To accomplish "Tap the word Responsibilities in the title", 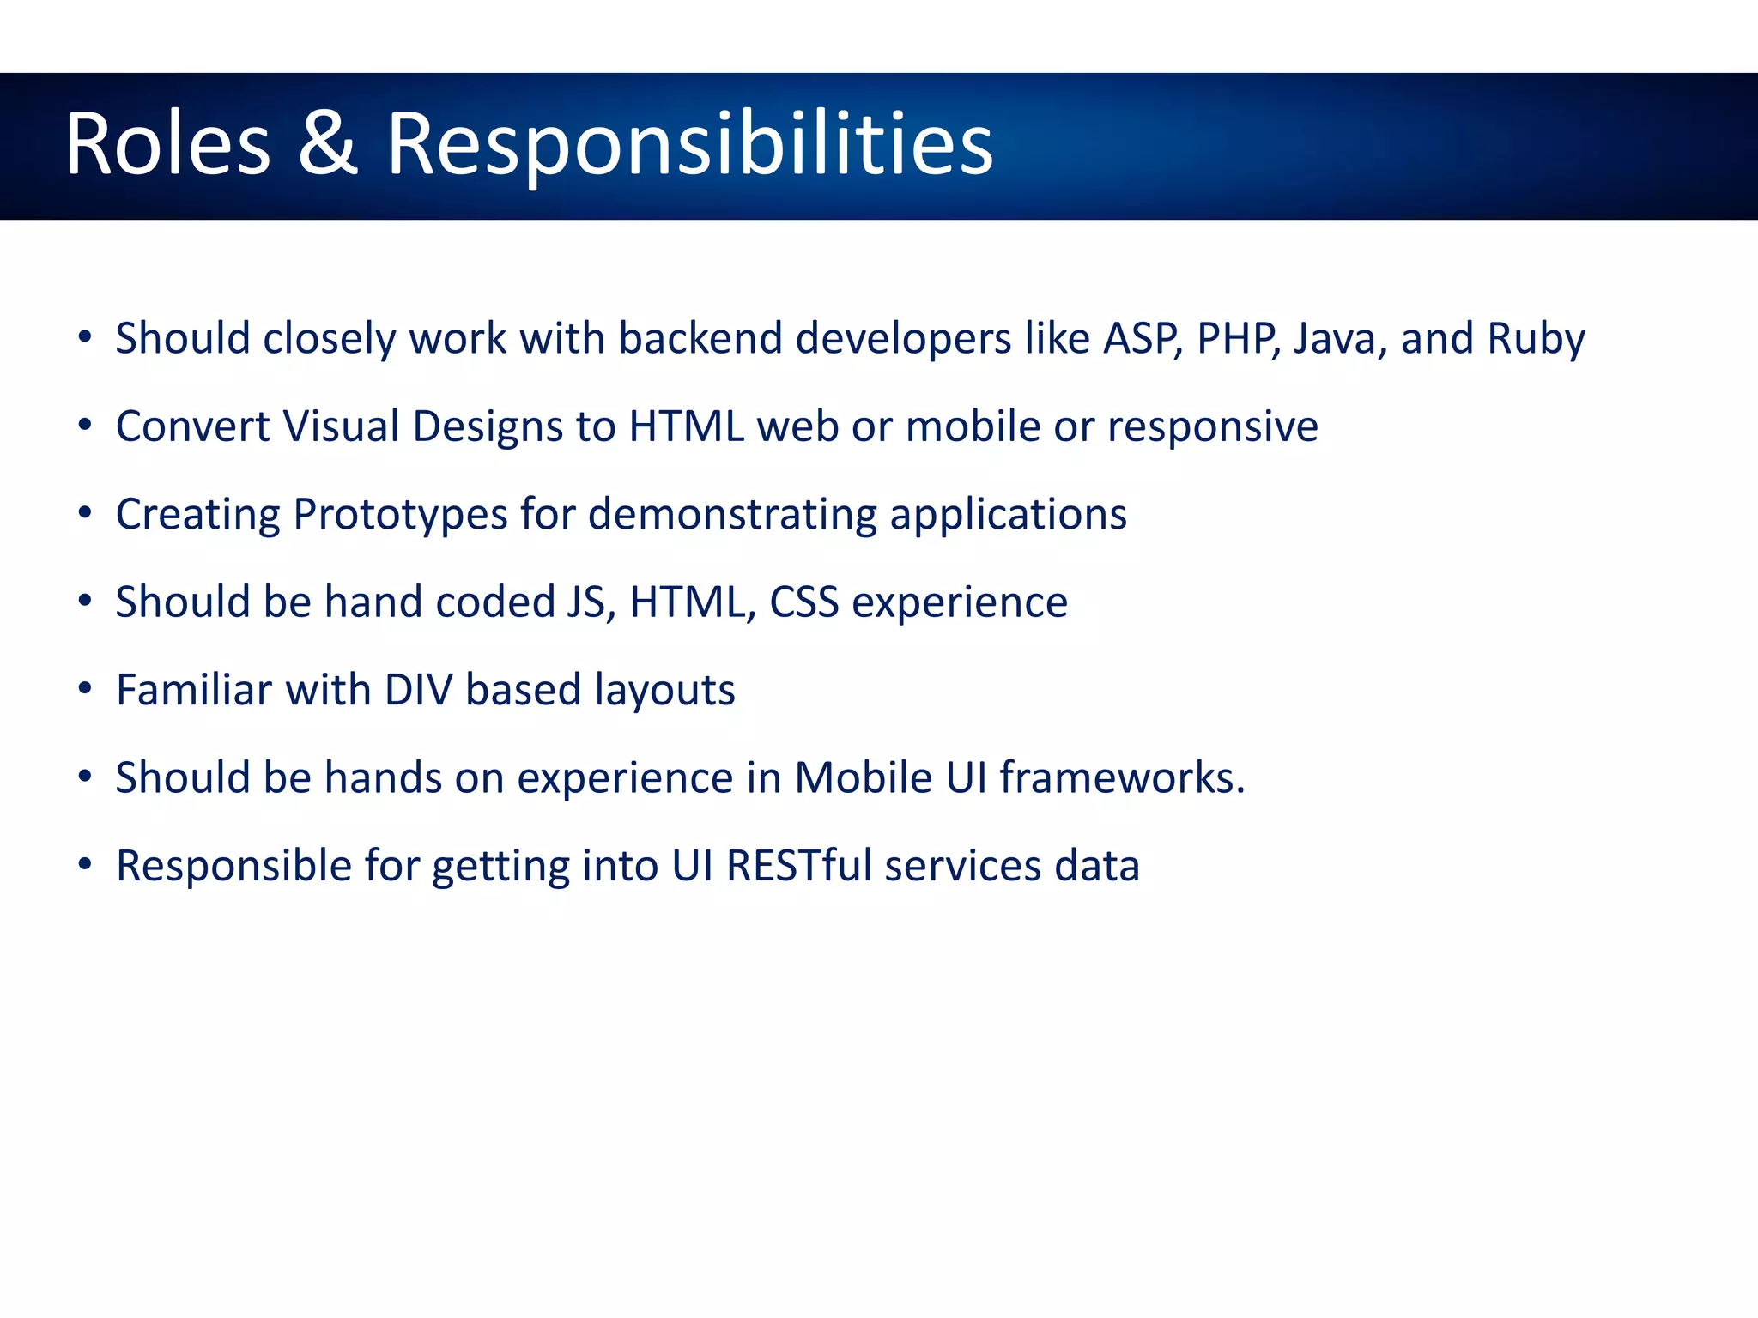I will tap(689, 146).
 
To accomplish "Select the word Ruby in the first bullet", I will tap(1536, 339).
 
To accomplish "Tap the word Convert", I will tap(192, 426).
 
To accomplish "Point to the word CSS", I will tap(803, 602).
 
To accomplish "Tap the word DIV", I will tap(418, 690).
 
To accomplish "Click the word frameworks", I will tap(1121, 777).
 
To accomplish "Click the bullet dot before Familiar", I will tap(84, 688).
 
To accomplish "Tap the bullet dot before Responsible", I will tap(84, 863).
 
